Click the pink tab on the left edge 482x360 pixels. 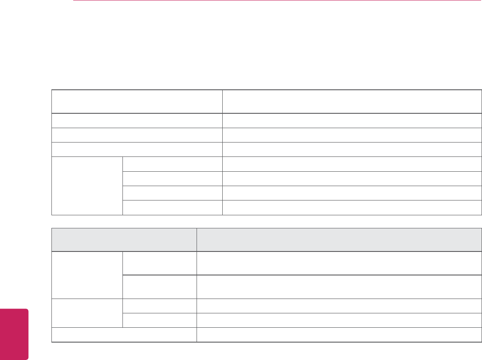pos(14,334)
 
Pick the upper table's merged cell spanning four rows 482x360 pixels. pos(87,186)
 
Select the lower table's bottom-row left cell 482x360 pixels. pos(124,335)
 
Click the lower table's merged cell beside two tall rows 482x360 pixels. pos(87,275)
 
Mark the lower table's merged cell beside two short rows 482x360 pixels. pos(87,313)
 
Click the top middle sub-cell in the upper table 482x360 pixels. pos(172,164)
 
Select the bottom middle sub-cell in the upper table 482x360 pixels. pos(172,207)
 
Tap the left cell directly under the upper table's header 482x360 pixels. pos(136,120)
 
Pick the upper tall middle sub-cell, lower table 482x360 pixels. pos(159,263)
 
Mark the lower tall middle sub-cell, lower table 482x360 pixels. pos(159,286)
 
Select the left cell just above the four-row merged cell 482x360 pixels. pos(136,149)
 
